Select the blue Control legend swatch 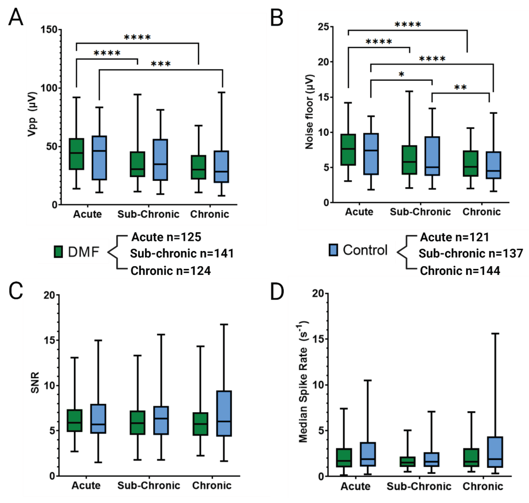tap(333, 250)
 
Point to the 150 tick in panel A tap(49, 29)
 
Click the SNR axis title tap(35, 383)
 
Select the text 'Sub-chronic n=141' tap(182, 253)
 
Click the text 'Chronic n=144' tap(460, 271)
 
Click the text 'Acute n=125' tap(166, 237)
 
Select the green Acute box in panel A tap(76, 154)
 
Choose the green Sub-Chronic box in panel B tap(409, 160)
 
